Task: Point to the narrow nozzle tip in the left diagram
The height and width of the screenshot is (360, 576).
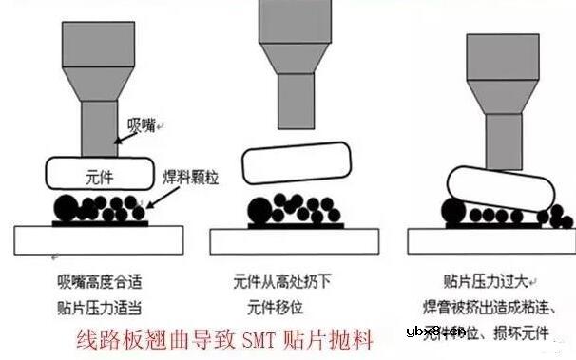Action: (98, 127)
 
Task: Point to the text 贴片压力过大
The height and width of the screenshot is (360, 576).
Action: (486, 281)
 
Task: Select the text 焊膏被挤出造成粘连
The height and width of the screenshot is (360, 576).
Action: (497, 307)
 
